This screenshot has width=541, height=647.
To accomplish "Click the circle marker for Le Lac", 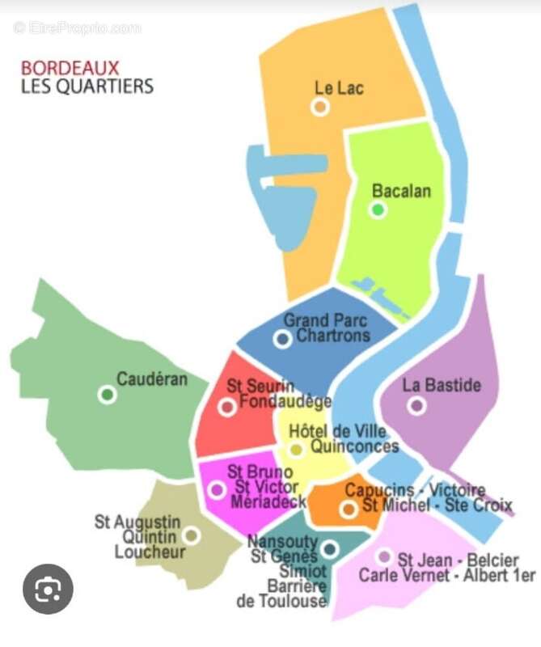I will tap(321, 107).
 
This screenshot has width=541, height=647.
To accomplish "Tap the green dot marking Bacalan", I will tap(378, 210).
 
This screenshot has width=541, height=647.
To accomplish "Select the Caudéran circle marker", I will tap(106, 395).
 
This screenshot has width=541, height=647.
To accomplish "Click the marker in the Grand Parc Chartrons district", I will tap(282, 340).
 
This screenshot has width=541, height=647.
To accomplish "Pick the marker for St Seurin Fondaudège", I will tap(227, 407).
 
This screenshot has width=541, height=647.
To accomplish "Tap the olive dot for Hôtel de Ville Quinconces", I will tap(297, 450).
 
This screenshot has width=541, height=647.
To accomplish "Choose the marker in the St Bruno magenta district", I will tap(217, 489).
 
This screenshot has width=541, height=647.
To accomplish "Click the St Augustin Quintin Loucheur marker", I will tap(192, 535).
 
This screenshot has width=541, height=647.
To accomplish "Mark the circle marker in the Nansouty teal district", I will tap(329, 549).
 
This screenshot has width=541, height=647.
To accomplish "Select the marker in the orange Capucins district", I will tap(349, 509).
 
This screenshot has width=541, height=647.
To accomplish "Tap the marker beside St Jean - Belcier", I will tap(384, 556).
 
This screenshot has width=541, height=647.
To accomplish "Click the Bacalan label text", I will tap(401, 191).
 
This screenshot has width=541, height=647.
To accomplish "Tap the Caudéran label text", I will tap(152, 378).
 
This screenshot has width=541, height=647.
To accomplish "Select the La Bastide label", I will tap(442, 384).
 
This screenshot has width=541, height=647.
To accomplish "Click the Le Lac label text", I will tap(339, 87).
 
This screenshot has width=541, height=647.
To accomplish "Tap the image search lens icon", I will tap(48, 589).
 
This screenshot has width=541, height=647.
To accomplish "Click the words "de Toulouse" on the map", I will tap(281, 602).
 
